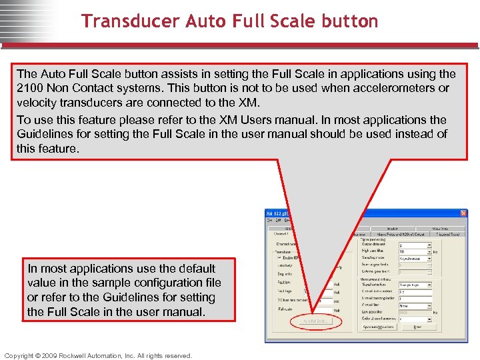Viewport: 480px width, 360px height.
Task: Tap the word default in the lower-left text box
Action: click(193, 269)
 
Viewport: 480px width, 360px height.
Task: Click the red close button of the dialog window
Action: click(463, 213)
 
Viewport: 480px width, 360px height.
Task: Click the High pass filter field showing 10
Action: click(413, 251)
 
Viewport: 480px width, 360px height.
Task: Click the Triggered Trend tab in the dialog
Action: click(446, 234)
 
